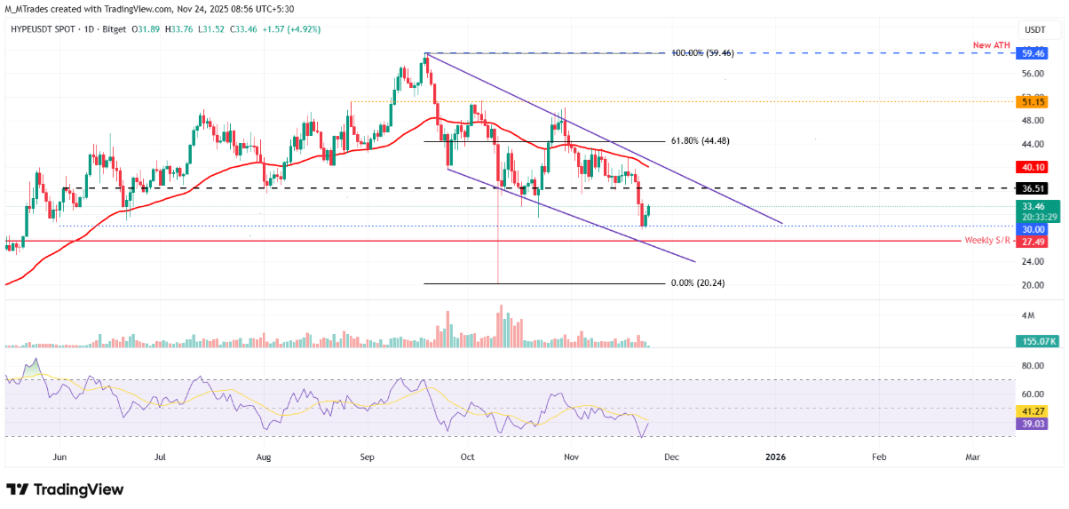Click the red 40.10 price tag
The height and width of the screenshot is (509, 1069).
pyautogui.click(x=1030, y=167)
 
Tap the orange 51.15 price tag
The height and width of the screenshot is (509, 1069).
pyautogui.click(x=1030, y=102)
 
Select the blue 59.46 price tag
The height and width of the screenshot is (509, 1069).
pyautogui.click(x=1030, y=52)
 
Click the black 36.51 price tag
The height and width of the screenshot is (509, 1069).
pyautogui.click(x=1030, y=188)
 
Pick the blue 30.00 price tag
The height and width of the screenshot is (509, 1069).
pyautogui.click(x=1030, y=229)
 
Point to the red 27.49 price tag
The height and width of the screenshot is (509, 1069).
pyautogui.click(x=1030, y=242)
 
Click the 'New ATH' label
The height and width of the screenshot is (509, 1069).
pyautogui.click(x=992, y=44)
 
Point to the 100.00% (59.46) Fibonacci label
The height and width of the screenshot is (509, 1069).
pyautogui.click(x=701, y=53)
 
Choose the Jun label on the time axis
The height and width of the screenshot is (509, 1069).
pyautogui.click(x=60, y=457)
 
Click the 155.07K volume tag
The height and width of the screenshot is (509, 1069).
pyautogui.click(x=1033, y=340)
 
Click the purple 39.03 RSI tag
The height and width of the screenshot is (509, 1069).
pyautogui.click(x=1030, y=425)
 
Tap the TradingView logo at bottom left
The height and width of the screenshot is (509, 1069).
pyautogui.click(x=65, y=489)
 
